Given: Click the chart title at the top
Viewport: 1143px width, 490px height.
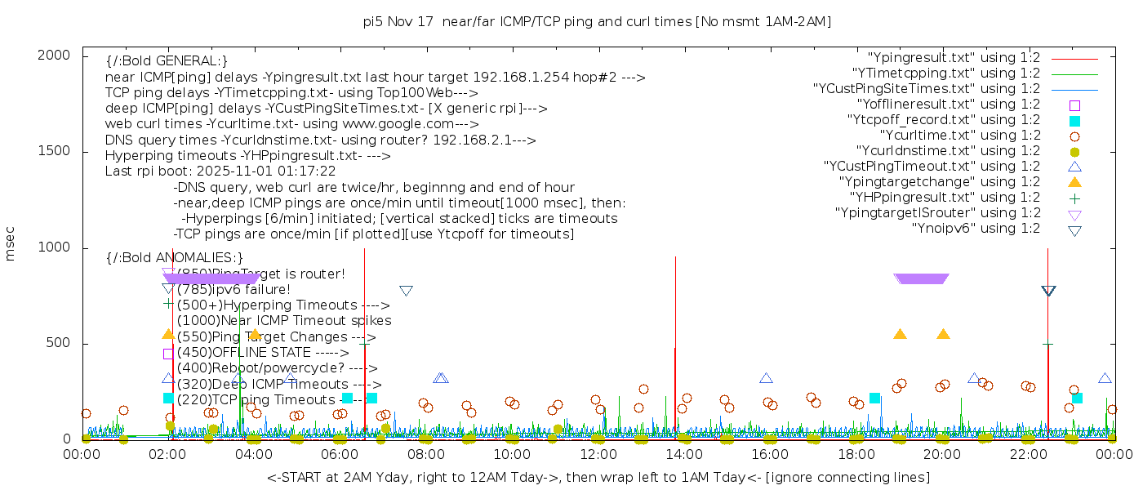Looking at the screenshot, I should (597, 22).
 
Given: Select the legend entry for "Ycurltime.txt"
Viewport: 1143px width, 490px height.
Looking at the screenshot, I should (959, 136).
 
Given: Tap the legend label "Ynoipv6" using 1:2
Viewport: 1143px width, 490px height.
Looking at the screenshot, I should (976, 229).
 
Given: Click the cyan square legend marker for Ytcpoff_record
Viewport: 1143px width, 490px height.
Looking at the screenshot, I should (1074, 121).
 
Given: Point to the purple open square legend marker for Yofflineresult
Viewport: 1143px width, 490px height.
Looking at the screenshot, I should (1074, 105).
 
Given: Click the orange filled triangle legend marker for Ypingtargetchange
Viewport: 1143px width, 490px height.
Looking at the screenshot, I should (1074, 182).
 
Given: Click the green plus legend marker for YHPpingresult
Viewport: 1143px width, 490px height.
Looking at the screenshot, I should (1074, 198).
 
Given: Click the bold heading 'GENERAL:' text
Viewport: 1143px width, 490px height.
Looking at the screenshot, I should (167, 61).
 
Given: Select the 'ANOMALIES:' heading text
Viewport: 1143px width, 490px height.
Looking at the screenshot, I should (175, 258).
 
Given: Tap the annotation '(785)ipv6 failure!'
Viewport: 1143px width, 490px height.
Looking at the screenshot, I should (233, 289).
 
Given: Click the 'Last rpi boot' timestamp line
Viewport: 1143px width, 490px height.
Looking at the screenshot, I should (220, 171).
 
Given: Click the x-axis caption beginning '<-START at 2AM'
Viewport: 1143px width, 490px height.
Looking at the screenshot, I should (598, 477).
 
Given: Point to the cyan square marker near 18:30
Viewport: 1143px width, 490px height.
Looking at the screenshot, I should (874, 398).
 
